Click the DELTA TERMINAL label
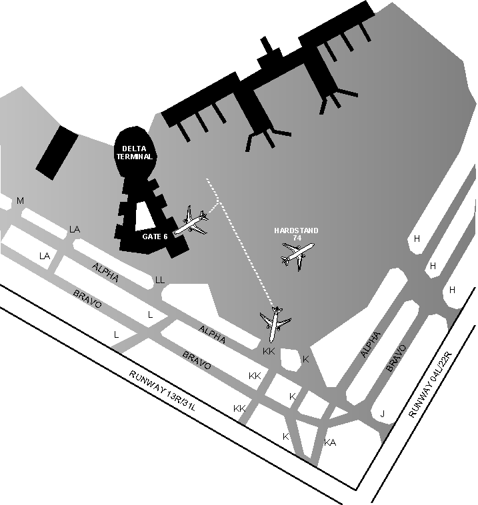(137, 153)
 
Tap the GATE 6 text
(155, 236)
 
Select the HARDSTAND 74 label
(296, 234)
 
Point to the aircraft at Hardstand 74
(297, 254)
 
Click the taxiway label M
(20, 201)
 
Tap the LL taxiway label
(160, 280)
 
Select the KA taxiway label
(329, 443)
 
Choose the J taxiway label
(382, 414)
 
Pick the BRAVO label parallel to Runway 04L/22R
(396, 358)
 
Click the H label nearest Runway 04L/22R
(452, 290)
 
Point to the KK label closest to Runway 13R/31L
(239, 408)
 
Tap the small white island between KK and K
(291, 358)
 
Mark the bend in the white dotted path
(219, 202)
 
